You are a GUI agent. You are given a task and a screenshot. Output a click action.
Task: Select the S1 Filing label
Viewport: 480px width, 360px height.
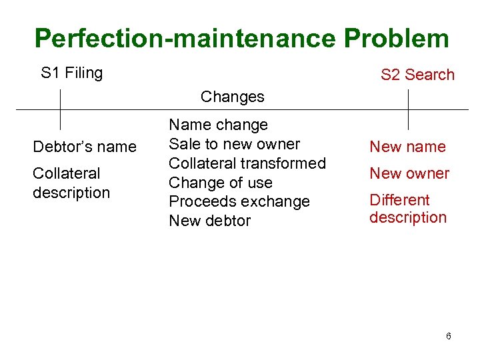pyautogui.click(x=71, y=73)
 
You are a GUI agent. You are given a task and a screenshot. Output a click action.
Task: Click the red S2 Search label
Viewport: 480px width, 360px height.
pyautogui.click(x=417, y=75)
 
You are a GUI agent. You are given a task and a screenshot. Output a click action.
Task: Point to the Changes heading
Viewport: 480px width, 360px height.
pyautogui.click(x=232, y=97)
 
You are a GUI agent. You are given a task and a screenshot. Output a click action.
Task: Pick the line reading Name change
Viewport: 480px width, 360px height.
pyautogui.click(x=218, y=125)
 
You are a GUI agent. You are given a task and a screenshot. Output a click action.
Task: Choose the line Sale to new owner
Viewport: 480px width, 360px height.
pyautogui.click(x=234, y=144)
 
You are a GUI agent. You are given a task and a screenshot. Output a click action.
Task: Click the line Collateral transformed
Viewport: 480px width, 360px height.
pyautogui.click(x=247, y=163)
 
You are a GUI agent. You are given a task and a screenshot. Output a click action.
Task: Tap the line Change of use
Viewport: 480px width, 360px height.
pyautogui.click(x=221, y=183)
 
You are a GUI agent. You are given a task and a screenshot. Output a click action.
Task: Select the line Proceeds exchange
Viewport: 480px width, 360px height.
pyautogui.click(x=239, y=201)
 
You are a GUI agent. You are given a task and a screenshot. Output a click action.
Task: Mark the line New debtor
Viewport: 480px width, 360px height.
pyautogui.click(x=209, y=221)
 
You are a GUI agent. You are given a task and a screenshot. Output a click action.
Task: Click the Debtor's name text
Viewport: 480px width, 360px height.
pyautogui.click(x=85, y=147)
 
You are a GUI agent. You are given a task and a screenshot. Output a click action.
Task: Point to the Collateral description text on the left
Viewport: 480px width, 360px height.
pyautogui.click(x=71, y=183)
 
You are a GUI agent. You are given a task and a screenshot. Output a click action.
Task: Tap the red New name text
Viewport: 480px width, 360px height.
pyautogui.click(x=407, y=147)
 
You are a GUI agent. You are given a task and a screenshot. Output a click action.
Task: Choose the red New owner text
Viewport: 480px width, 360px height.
pyautogui.click(x=409, y=173)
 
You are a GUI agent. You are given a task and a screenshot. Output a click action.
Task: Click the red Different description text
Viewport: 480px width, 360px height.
pyautogui.click(x=407, y=209)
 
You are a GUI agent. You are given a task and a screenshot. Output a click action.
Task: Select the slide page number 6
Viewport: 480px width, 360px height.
pyautogui.click(x=449, y=336)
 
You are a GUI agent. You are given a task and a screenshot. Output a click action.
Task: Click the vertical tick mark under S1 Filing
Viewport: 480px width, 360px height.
pyautogui.click(x=60, y=109)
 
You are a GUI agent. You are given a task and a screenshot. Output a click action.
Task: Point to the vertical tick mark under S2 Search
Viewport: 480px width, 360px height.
pyautogui.click(x=408, y=109)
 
